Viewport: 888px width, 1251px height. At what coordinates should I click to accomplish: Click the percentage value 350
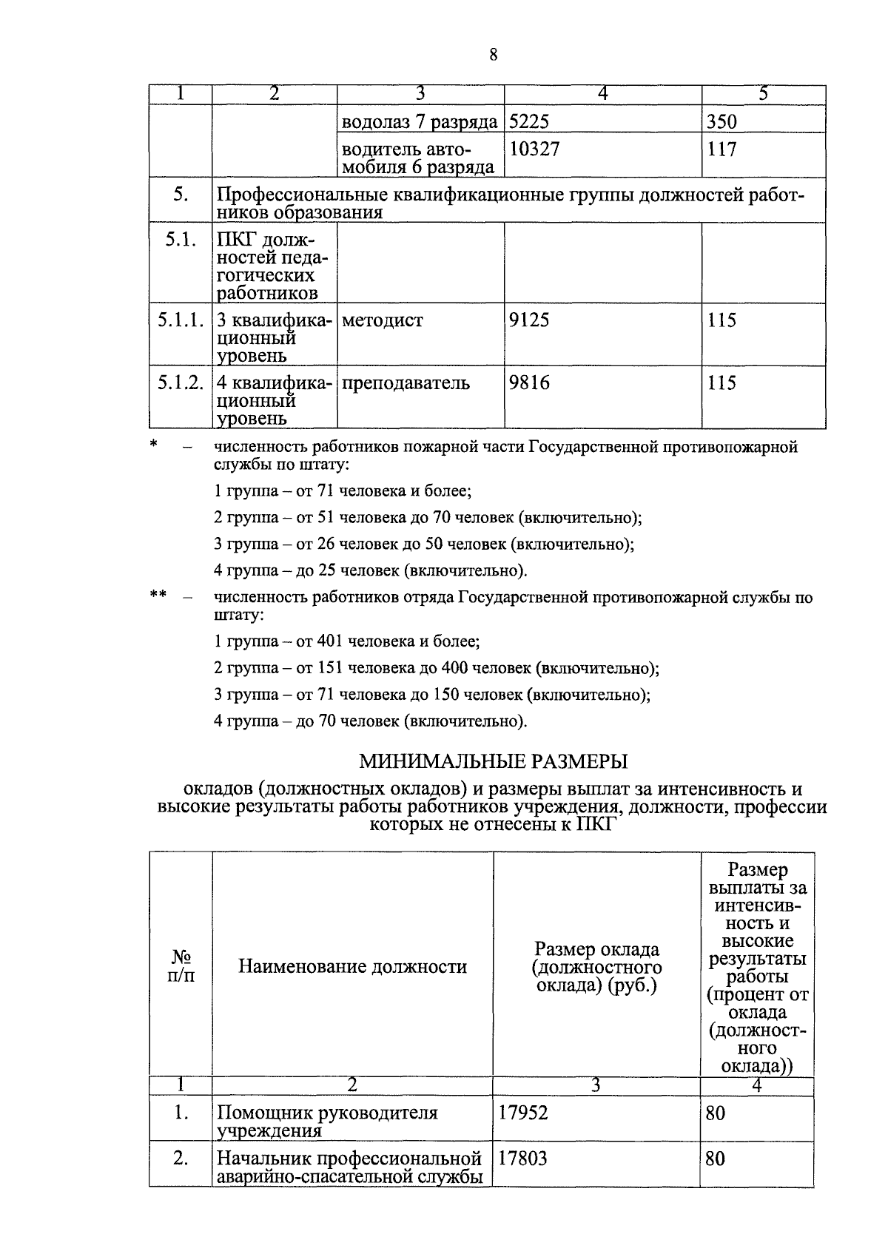(721, 122)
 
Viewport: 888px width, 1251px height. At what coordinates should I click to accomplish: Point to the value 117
(721, 149)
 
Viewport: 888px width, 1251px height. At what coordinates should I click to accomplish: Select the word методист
(383, 320)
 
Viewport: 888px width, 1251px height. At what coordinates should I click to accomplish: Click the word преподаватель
(406, 383)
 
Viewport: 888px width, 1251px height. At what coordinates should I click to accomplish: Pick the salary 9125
(529, 320)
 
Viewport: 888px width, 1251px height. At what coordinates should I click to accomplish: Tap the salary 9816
(529, 383)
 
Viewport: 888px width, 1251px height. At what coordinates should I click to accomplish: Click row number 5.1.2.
(180, 383)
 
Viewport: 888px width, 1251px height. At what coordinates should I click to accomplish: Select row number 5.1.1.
(180, 320)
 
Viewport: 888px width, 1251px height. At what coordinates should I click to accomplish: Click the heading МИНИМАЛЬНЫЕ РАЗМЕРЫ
(494, 761)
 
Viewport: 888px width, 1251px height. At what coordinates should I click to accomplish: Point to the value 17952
(523, 1113)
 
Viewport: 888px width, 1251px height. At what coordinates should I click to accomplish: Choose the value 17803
(523, 1159)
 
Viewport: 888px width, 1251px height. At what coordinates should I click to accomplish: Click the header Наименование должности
(352, 966)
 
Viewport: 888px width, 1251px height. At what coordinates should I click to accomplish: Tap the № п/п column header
(181, 966)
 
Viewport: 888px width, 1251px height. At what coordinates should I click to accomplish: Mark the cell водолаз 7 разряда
(419, 122)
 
